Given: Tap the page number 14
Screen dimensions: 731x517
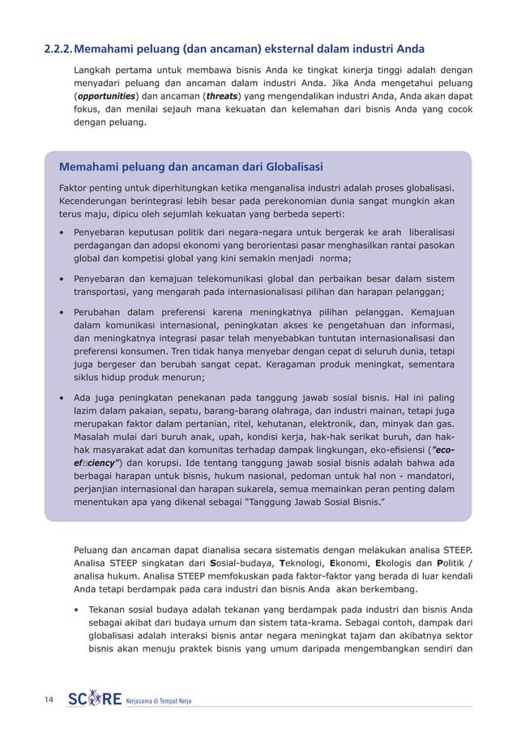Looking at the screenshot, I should click(50, 699).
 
